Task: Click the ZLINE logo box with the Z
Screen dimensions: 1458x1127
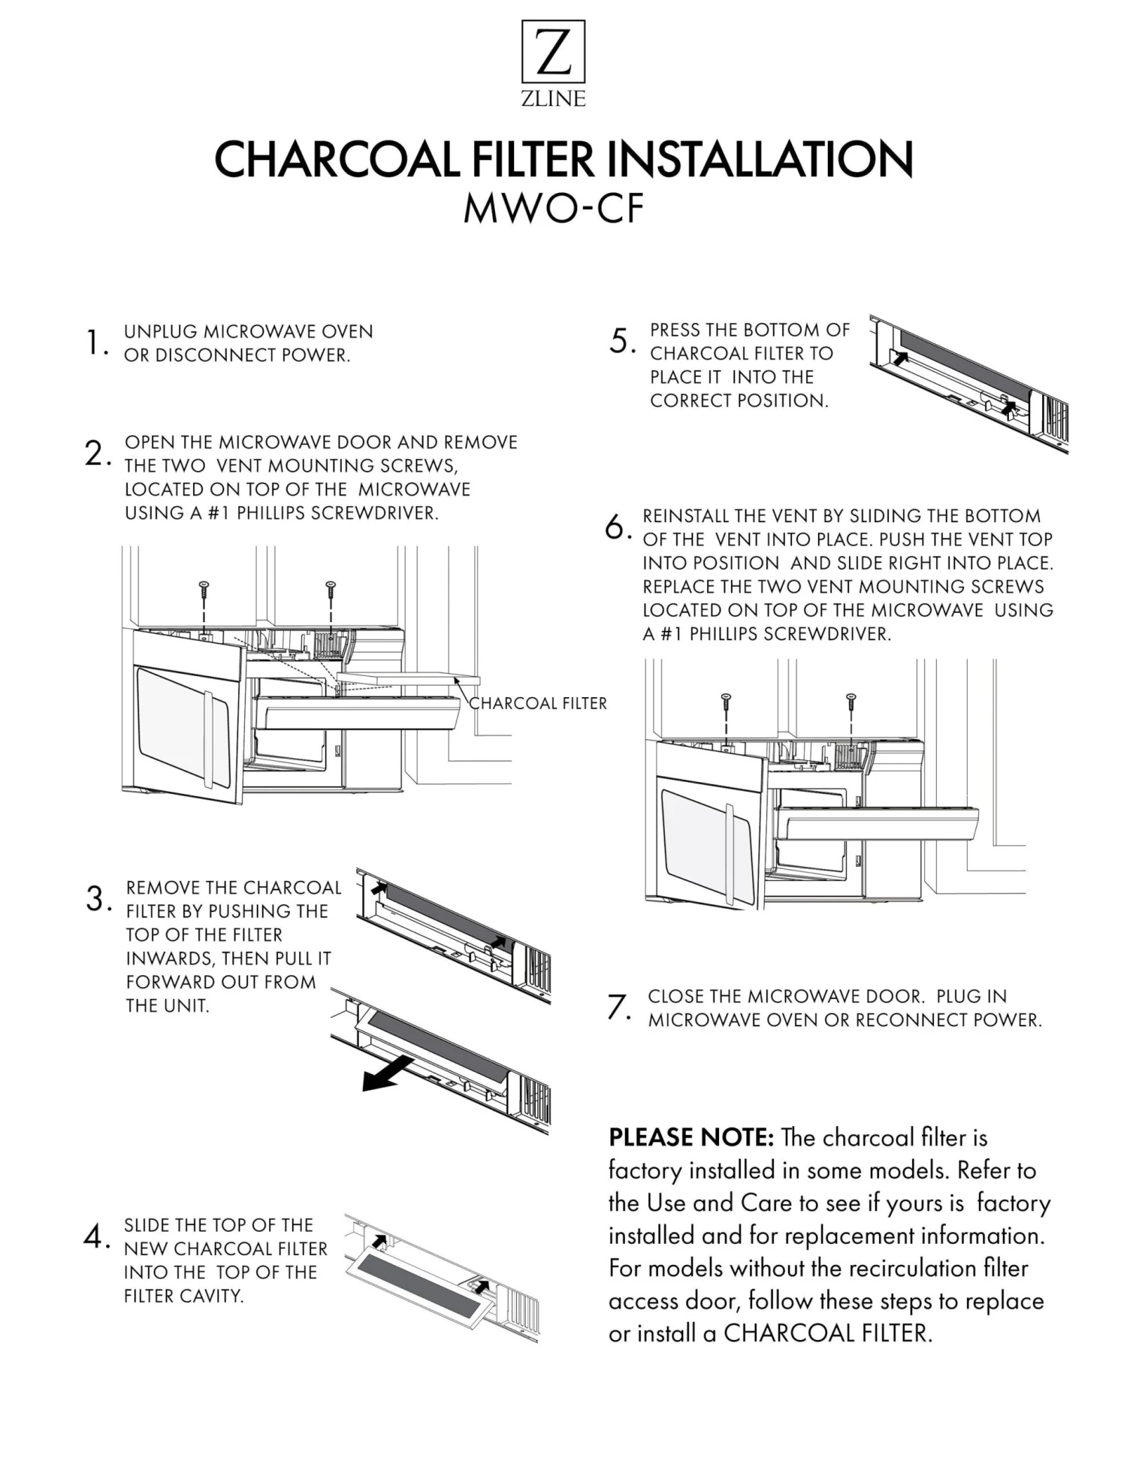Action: (x=553, y=51)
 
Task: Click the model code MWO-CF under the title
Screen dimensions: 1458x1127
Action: (x=554, y=209)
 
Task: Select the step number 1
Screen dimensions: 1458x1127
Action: (x=94, y=343)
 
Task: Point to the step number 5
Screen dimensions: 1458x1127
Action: (x=621, y=341)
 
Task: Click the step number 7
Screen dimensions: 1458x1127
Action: (x=618, y=1007)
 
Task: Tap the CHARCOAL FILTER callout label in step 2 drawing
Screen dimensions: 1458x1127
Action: (x=538, y=704)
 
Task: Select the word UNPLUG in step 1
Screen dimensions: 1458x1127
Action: (x=160, y=332)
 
